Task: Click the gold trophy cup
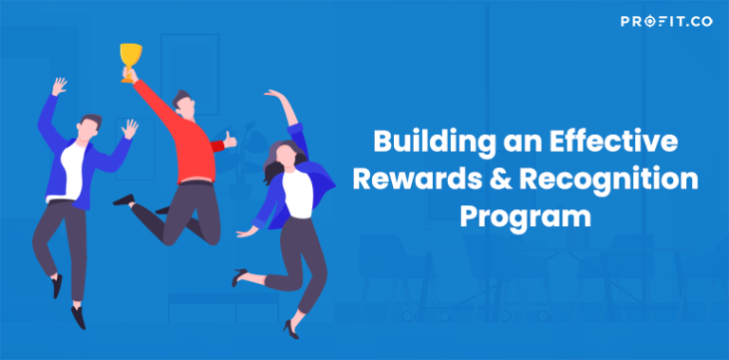[130, 61]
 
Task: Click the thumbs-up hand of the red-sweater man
[230, 139]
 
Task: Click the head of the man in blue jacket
[90, 125]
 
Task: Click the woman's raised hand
[273, 95]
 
